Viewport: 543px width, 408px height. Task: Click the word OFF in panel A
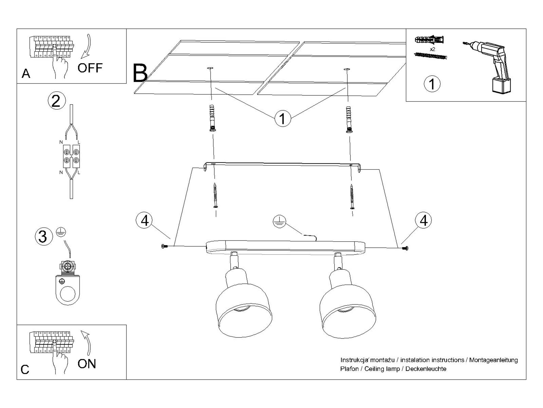[x=90, y=68]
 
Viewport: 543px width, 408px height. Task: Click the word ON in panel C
[x=87, y=364]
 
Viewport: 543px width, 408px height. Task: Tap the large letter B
[x=140, y=73]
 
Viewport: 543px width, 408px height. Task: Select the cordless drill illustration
[x=489, y=65]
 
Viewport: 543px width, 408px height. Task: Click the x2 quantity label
[x=432, y=49]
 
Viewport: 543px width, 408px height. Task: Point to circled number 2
[x=56, y=101]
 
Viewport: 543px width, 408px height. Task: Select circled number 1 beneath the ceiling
[x=282, y=119]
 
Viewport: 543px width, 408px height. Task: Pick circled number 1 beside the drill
[x=432, y=84]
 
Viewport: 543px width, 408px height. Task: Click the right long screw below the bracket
[x=352, y=196]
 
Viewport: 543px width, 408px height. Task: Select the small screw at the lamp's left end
[x=163, y=246]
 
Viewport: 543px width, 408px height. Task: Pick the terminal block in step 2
[x=71, y=156]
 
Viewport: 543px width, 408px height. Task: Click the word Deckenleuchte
[x=426, y=369]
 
